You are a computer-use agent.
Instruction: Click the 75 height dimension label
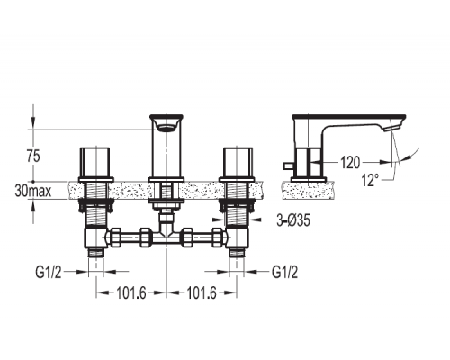point(33,157)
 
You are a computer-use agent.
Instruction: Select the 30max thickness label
point(33,191)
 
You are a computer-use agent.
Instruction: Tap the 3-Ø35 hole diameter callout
point(293,220)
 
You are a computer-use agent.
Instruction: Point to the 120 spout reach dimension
point(350,163)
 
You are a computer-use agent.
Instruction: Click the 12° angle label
point(369,181)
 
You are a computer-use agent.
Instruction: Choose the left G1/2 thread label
point(49,273)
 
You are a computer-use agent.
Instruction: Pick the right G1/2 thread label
point(285,273)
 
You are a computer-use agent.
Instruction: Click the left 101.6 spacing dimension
point(131,293)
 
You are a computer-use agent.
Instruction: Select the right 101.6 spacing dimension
point(202,293)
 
